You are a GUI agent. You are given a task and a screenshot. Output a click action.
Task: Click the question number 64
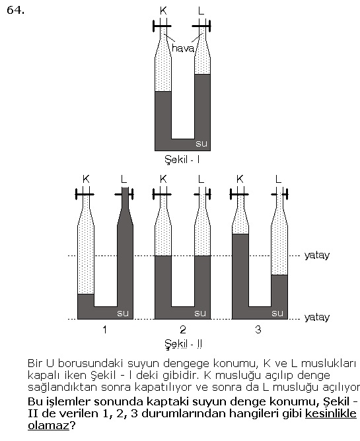(15, 10)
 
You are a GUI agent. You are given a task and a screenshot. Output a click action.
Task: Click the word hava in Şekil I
(183, 48)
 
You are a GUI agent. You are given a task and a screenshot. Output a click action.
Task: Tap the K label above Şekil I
(163, 11)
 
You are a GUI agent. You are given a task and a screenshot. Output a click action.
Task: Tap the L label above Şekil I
(201, 11)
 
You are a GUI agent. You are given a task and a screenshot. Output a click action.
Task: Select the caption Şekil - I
(182, 160)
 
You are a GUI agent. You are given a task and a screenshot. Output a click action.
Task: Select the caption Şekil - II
(183, 344)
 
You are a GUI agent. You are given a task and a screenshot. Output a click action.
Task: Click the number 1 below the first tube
(105, 329)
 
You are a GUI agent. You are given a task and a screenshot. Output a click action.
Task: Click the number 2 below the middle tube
(183, 329)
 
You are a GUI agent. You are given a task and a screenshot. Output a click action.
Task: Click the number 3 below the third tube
(258, 329)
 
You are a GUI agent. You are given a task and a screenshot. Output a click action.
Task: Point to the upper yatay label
(317, 255)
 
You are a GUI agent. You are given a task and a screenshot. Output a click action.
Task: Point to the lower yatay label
(317, 318)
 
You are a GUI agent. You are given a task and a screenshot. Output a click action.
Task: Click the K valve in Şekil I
(162, 26)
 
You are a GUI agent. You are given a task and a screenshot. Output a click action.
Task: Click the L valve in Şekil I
(201, 26)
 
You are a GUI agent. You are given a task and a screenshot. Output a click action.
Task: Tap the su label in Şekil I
(201, 144)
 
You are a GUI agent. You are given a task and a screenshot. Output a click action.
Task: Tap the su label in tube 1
(123, 313)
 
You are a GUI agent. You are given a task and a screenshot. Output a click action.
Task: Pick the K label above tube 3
(240, 179)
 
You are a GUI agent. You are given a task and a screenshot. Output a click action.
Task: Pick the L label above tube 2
(201, 179)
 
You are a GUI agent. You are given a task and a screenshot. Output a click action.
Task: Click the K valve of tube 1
(85, 194)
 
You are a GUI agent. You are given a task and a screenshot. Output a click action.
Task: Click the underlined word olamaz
(48, 425)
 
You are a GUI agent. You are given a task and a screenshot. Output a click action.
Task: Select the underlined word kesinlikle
(331, 413)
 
